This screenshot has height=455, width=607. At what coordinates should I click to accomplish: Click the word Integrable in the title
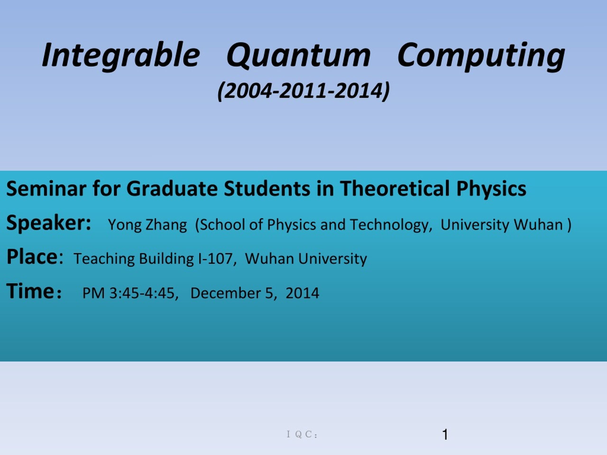[121, 56]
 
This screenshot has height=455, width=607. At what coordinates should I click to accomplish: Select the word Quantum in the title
[299, 56]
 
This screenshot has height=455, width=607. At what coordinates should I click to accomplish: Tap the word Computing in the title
[481, 56]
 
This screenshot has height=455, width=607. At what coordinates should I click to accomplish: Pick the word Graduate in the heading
[172, 189]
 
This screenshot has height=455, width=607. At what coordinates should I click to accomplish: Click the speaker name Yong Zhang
[147, 225]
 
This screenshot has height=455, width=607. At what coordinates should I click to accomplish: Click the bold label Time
[30, 291]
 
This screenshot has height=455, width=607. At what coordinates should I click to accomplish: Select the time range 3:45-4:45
[142, 293]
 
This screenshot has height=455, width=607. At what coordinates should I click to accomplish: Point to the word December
[225, 293]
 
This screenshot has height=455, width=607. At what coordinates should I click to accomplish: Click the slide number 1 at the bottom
[445, 435]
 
